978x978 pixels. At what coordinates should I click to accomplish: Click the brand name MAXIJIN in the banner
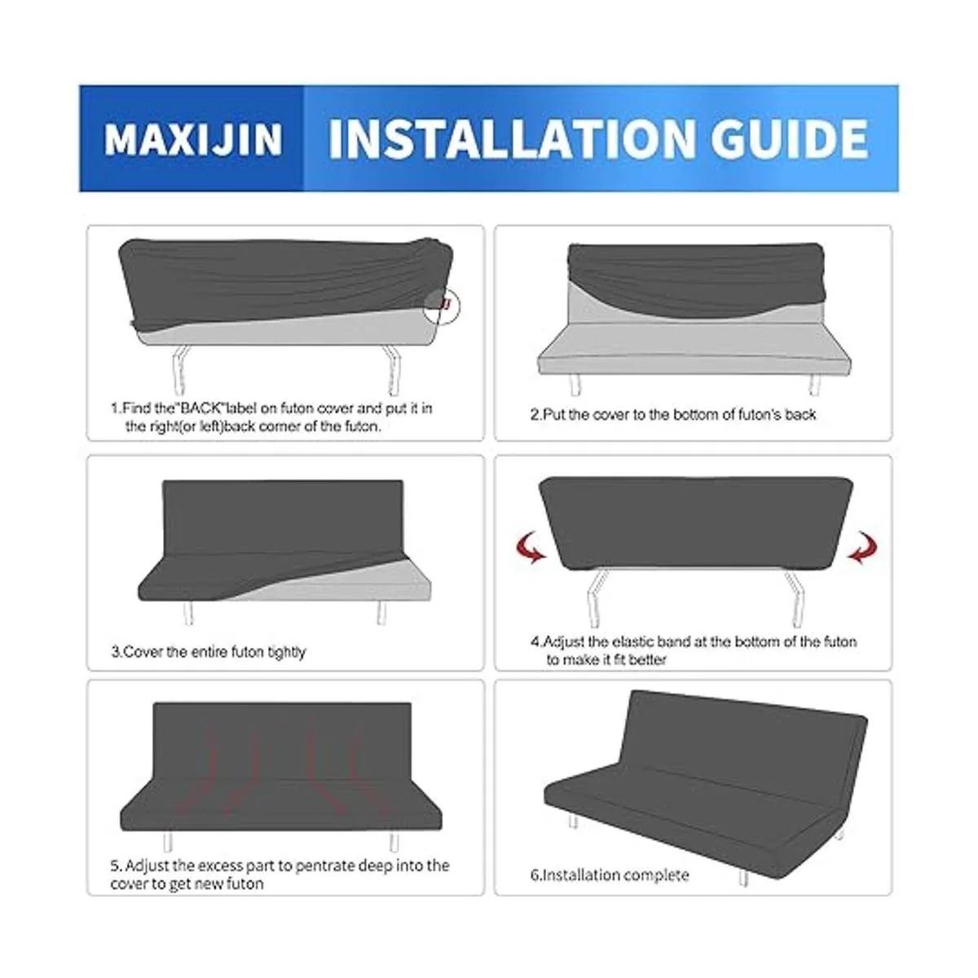(x=193, y=139)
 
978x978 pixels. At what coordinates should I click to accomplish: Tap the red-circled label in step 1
(x=442, y=306)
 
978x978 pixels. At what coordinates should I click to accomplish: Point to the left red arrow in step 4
(x=530, y=547)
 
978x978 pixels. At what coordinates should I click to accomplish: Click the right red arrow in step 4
(x=863, y=547)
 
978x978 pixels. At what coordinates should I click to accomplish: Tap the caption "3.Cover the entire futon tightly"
(x=209, y=651)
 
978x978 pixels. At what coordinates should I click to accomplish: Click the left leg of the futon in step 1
(x=180, y=369)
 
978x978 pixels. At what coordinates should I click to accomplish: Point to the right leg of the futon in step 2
(x=814, y=384)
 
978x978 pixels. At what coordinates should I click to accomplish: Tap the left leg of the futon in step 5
(x=168, y=843)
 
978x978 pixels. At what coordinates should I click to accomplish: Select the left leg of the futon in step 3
(x=190, y=613)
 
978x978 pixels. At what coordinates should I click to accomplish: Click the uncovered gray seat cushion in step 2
(x=694, y=345)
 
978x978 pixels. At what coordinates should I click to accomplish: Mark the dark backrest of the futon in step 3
(x=283, y=517)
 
